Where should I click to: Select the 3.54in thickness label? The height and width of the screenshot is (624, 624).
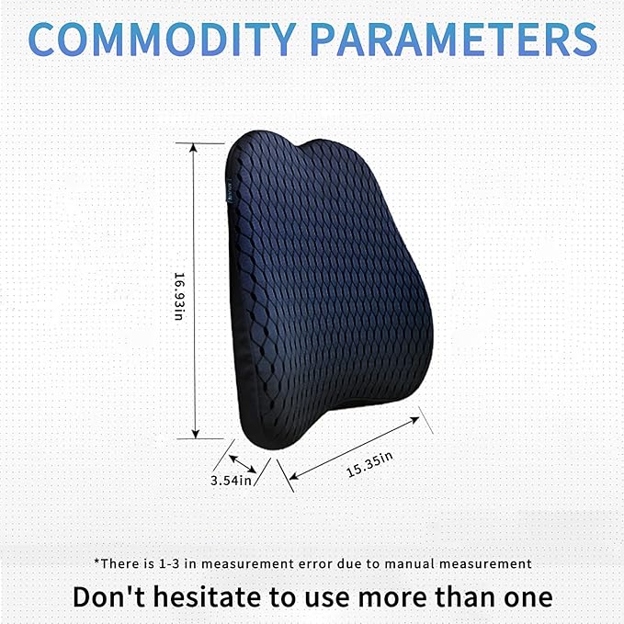click(231, 480)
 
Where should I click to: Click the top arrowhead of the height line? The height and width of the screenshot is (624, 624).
click(193, 148)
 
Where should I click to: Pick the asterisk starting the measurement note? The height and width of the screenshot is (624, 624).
click(96, 562)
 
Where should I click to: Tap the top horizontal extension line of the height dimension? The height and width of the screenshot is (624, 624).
click(204, 143)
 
